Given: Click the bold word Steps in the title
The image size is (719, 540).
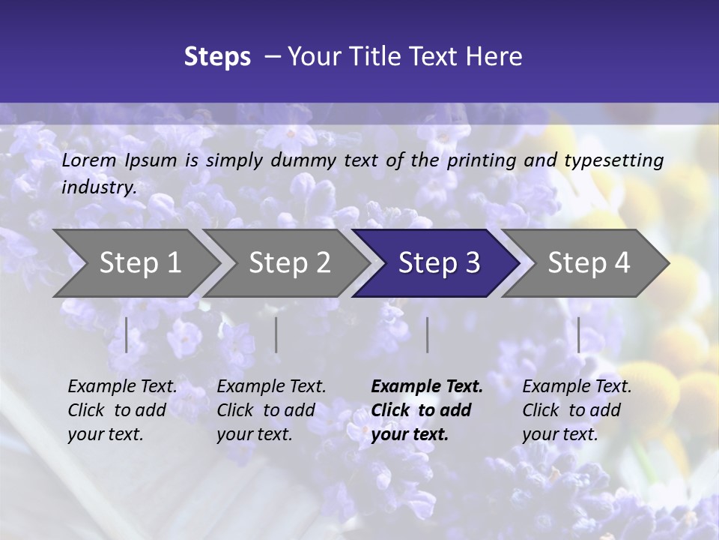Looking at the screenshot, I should (217, 57).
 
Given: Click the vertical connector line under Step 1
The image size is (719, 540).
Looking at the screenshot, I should (127, 334).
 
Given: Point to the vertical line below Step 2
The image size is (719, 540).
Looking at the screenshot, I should (276, 334).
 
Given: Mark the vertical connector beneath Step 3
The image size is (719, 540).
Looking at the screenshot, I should (428, 334).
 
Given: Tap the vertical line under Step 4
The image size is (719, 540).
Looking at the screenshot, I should (579, 334).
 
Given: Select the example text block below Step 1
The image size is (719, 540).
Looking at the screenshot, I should (122, 410).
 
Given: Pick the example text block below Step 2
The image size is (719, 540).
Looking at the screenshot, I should (271, 410).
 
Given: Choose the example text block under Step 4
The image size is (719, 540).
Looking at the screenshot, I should (577, 410).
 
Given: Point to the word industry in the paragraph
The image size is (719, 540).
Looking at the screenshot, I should (99, 187).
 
